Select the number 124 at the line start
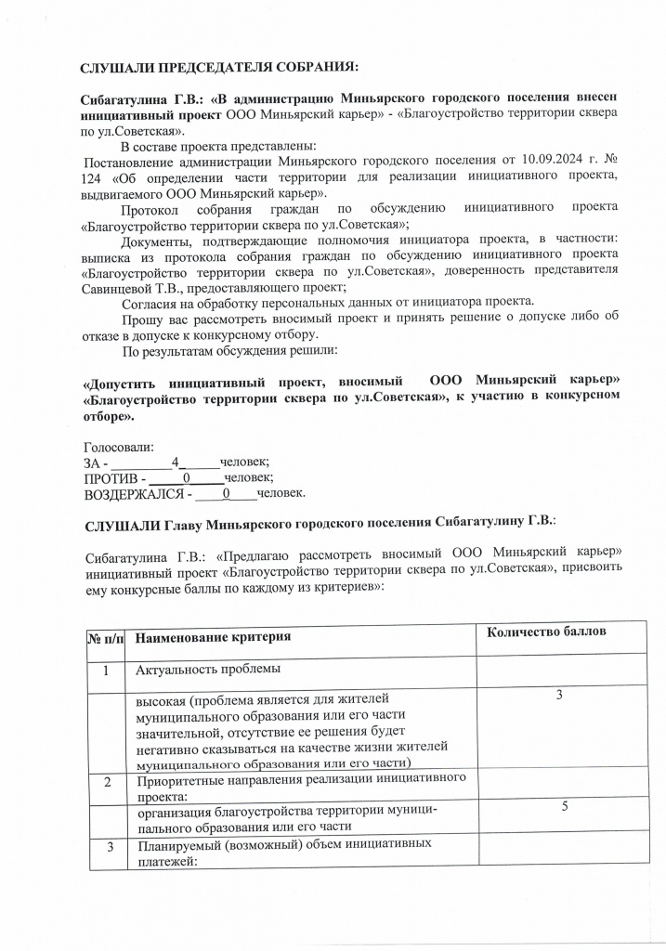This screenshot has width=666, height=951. click(x=97, y=176)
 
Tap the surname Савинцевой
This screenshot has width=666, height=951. click(x=122, y=287)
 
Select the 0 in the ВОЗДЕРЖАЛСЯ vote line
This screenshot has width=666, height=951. click(x=226, y=493)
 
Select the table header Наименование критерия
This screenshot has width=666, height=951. click(x=214, y=637)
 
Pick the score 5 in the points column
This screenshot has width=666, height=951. click(x=564, y=809)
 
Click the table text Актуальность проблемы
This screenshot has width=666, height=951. click(x=208, y=669)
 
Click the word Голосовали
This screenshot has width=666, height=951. click(x=120, y=446)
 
